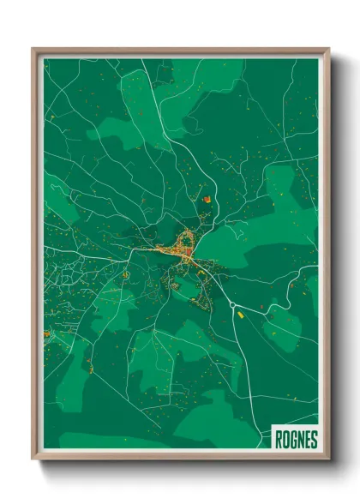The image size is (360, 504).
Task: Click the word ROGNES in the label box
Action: (296, 440)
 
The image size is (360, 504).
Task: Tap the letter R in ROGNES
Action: (279, 440)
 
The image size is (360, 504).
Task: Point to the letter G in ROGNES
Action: (293, 440)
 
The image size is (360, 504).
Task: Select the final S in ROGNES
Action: (314, 440)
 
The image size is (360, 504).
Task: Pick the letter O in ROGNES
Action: (286, 440)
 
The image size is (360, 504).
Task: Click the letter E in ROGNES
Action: (307, 440)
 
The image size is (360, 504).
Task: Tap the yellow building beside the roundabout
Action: (240, 314)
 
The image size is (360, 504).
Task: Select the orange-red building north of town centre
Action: (206, 200)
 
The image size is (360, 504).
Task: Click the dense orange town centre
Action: (183, 249)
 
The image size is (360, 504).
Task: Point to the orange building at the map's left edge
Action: (46, 333)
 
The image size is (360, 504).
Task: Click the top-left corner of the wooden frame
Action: (33, 49)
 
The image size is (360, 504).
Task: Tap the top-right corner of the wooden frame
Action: (328, 49)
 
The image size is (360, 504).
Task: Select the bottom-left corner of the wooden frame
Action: (33, 459)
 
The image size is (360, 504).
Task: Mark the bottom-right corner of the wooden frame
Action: (328, 459)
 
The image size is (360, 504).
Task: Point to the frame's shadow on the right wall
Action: (336, 257)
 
